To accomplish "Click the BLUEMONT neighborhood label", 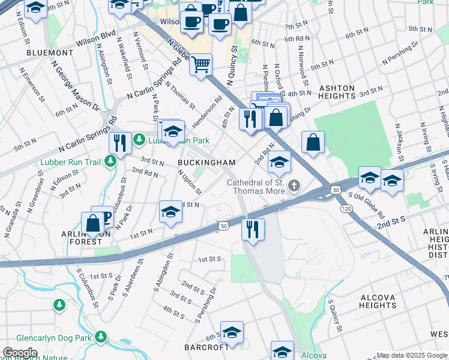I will [x=50, y=53].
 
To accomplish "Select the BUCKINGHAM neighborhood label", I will [x=206, y=163].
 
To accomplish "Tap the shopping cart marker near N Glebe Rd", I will [x=200, y=64].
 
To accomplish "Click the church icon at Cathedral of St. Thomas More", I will [x=294, y=186].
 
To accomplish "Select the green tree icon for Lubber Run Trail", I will [x=110, y=161].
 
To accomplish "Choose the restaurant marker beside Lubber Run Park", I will [x=120, y=143].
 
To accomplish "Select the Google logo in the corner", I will [x=20, y=353].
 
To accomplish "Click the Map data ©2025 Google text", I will [x=412, y=355].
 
